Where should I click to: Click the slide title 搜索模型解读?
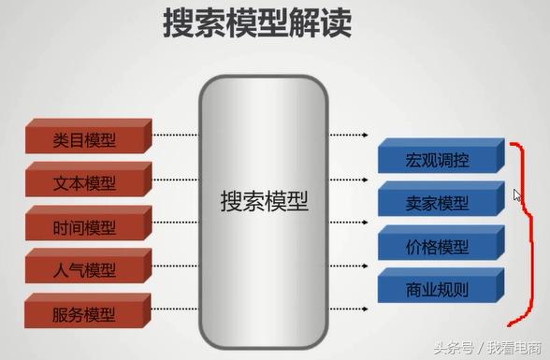click(257, 26)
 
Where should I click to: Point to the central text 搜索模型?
click(264, 200)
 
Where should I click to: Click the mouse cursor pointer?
click(517, 196)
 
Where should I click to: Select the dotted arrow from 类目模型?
click(176, 135)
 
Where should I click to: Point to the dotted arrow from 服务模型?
click(176, 310)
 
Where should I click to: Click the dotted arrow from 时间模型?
click(176, 223)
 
